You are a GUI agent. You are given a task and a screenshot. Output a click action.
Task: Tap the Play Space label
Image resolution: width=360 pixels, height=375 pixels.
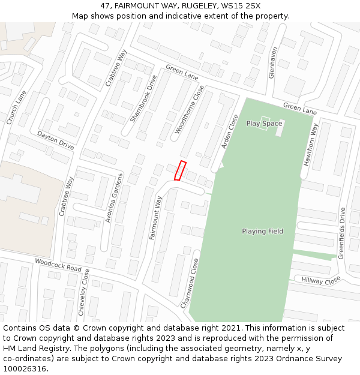click(x=264, y=124)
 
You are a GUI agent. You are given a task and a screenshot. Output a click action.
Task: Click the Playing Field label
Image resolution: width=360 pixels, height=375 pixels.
click(x=262, y=231)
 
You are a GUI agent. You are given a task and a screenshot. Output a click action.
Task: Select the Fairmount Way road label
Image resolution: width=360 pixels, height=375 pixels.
click(x=156, y=218)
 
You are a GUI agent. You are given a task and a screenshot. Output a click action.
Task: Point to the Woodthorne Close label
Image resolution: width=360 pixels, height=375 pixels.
click(x=190, y=109)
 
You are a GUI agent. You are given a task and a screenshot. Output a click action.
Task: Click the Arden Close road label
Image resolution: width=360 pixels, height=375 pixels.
click(x=230, y=131)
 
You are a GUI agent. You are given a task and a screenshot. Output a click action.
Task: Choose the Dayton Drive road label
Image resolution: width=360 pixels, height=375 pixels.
click(x=56, y=140)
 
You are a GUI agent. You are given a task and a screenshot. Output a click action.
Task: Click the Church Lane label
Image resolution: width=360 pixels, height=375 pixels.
click(x=16, y=107)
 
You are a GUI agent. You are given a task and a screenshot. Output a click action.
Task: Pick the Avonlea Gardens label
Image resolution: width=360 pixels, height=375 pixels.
click(x=114, y=198)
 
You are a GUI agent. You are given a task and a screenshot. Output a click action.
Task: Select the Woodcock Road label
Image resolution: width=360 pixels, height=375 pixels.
click(x=58, y=265)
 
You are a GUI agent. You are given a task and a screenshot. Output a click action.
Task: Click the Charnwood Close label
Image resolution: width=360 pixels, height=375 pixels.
click(x=190, y=283)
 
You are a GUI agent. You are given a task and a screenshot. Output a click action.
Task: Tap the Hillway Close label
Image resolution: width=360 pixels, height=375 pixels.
click(x=320, y=280)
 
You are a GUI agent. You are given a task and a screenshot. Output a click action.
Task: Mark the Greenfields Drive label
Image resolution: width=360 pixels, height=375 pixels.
click(x=341, y=233)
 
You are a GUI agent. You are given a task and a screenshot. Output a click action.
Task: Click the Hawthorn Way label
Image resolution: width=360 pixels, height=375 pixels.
click(x=310, y=144)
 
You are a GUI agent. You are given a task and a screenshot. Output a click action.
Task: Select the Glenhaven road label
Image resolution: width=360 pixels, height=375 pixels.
click(x=273, y=62)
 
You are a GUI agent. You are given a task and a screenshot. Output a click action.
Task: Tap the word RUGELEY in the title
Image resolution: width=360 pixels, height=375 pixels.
click(x=200, y=6)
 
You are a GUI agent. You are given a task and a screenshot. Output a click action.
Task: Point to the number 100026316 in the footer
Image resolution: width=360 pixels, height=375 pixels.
click(x=25, y=368)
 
